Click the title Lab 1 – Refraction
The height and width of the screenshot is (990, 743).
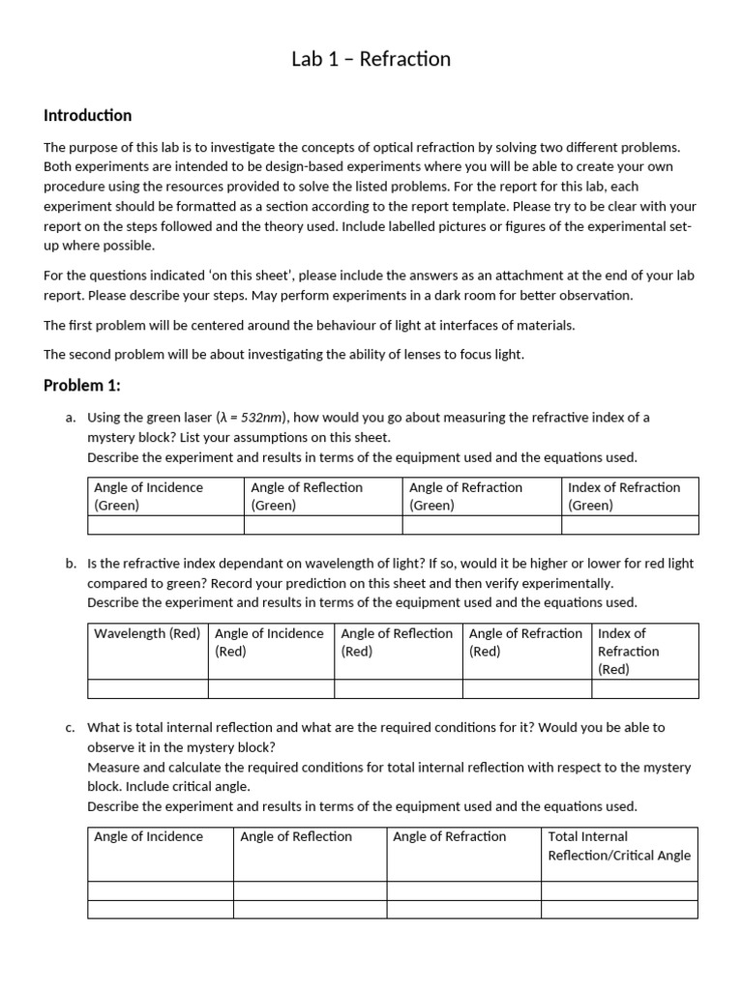click(371, 59)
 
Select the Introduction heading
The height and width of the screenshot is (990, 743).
click(87, 116)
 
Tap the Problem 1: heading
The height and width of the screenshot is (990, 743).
click(82, 386)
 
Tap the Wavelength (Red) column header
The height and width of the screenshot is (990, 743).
click(147, 634)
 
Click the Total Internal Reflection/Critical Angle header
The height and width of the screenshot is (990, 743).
click(618, 846)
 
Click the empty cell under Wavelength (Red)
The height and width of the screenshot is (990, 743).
click(147, 688)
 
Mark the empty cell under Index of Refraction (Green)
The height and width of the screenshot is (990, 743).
click(629, 525)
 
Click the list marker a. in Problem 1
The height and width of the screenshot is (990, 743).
click(72, 418)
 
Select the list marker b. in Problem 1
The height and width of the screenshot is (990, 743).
click(72, 564)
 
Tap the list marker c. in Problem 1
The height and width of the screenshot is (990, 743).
click(72, 727)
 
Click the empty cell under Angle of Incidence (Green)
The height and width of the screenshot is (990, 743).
click(165, 525)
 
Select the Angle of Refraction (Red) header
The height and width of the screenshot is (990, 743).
click(525, 642)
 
